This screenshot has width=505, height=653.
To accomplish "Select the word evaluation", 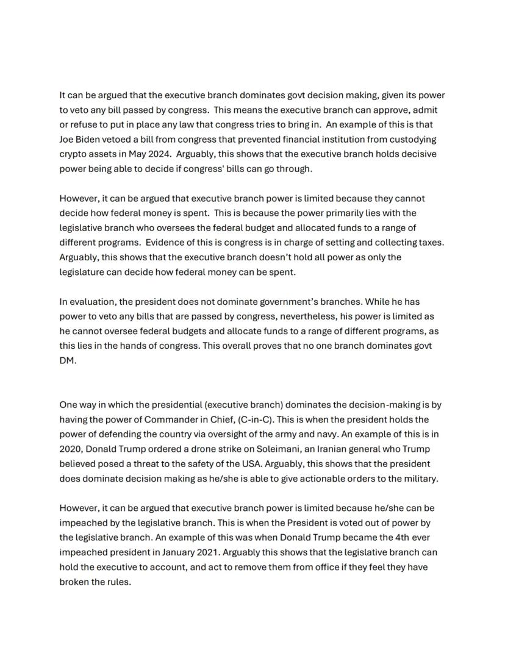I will click(x=91, y=302).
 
